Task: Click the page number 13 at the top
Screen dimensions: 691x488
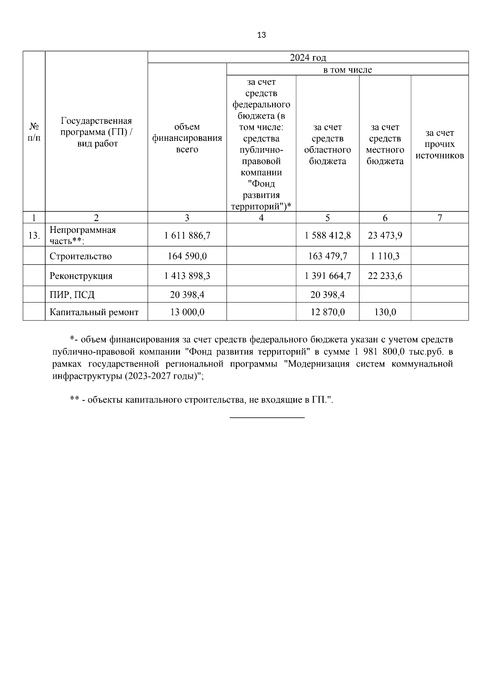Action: click(261, 35)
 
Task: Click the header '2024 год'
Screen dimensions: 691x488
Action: click(308, 57)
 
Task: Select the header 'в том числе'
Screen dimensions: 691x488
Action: click(347, 70)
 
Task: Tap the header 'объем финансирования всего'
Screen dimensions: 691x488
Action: click(187, 138)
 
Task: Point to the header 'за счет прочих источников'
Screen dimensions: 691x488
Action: click(440, 144)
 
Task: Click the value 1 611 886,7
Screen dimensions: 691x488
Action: click(187, 235)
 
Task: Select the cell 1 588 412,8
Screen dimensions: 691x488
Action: click(327, 235)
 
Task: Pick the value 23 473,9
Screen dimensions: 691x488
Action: click(385, 235)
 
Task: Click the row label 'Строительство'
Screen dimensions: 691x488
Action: click(81, 256)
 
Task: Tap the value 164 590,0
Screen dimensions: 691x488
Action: click(187, 256)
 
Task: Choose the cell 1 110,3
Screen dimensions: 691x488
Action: click(385, 256)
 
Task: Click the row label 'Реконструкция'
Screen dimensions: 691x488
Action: click(81, 276)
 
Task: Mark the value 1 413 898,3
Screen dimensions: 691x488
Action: click(187, 276)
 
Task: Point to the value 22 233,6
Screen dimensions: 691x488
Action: click(385, 276)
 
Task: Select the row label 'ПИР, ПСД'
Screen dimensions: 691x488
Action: click(72, 294)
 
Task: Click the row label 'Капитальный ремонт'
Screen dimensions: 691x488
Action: click(94, 312)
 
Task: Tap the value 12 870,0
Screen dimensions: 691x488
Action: click(327, 312)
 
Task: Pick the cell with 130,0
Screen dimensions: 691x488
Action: click(385, 312)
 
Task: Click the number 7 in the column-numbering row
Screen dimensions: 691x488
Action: click(440, 218)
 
